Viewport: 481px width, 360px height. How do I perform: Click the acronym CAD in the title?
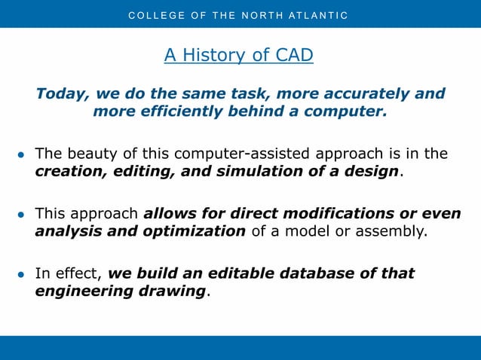coord(295,55)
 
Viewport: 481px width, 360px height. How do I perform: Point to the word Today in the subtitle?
coord(61,94)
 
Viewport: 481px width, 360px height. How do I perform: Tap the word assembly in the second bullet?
coord(392,230)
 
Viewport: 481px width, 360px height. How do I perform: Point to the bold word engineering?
coord(81,291)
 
